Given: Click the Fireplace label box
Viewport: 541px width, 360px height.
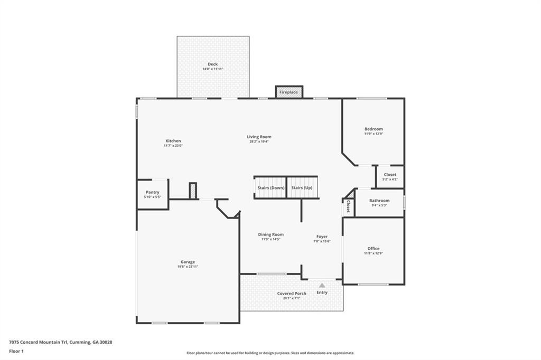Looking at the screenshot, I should [288, 92].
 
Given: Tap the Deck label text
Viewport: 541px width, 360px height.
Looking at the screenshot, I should [212, 64].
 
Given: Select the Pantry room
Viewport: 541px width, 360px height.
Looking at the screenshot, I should [152, 194].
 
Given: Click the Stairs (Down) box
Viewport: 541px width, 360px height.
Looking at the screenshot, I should [270, 188].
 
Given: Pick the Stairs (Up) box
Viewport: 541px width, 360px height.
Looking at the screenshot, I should [302, 188].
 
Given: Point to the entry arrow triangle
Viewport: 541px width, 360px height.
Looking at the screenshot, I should [322, 286].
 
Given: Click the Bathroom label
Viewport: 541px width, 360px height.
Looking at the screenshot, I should [379, 201].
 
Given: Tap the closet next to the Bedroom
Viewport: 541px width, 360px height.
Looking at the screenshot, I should [390, 177].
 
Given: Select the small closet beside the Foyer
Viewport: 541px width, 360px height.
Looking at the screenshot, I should [348, 208].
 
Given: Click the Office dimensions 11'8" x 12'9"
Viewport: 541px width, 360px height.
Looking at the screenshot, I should [374, 253].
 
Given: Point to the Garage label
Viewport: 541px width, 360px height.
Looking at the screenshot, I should [188, 262].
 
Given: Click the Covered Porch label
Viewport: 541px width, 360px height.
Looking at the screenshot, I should [292, 293].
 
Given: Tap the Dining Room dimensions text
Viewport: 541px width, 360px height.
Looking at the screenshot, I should [270, 239].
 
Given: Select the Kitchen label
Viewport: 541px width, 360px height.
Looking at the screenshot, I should [173, 141].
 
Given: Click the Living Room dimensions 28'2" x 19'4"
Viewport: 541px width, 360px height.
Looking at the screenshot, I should [259, 141].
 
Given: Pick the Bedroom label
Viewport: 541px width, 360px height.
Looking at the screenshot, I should [374, 129].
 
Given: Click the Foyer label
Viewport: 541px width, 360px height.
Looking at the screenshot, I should [322, 236].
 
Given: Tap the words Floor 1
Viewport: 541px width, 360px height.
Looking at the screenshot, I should [16, 350].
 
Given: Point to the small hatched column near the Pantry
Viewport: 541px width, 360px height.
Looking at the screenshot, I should [193, 191].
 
